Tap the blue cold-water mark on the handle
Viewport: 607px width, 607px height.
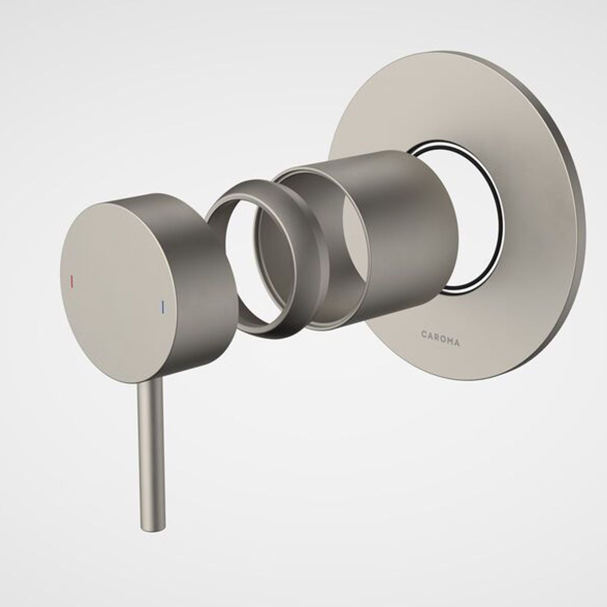tap(163, 306)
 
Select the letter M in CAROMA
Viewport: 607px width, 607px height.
tap(449, 341)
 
